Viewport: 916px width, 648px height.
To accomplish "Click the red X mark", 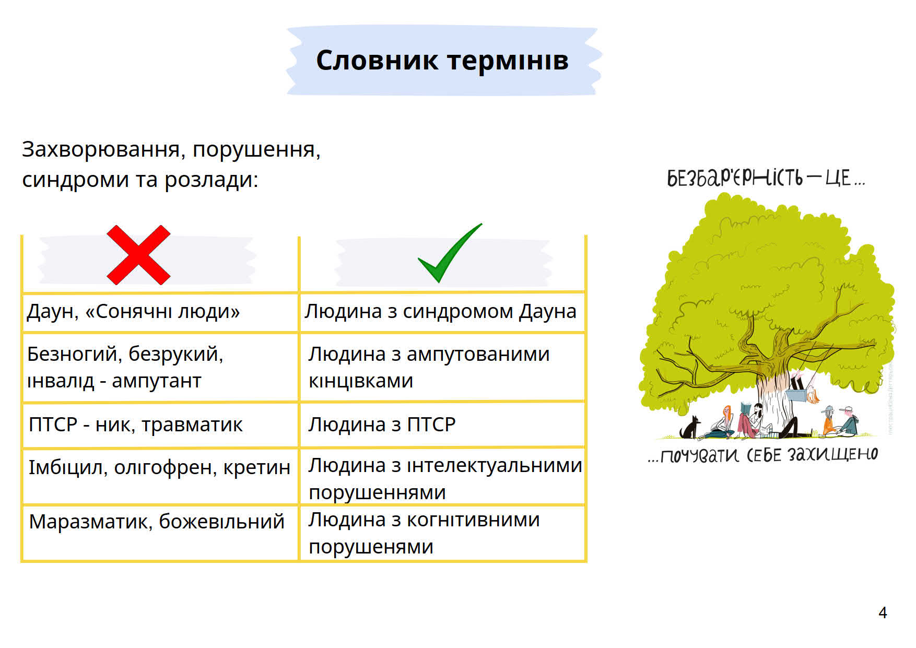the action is (x=138, y=255).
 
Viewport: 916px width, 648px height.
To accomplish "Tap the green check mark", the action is (x=450, y=253).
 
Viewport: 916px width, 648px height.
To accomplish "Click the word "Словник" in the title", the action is (x=377, y=60).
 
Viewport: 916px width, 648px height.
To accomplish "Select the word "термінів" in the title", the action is (x=508, y=61).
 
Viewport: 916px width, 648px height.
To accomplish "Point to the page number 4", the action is (x=883, y=612).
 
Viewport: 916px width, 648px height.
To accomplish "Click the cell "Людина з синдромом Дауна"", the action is (x=441, y=311).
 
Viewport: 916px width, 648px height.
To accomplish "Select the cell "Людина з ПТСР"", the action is (x=382, y=424).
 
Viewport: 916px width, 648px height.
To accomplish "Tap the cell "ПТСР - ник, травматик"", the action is (x=136, y=425).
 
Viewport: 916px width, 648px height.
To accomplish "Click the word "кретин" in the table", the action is (x=256, y=467).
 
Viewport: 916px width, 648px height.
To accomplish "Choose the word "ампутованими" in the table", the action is (x=478, y=355).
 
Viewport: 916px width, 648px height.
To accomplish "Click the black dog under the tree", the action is (x=690, y=428).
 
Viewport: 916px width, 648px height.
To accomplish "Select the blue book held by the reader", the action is (x=746, y=408).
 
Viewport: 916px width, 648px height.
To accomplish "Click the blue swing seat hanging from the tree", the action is (x=797, y=395).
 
